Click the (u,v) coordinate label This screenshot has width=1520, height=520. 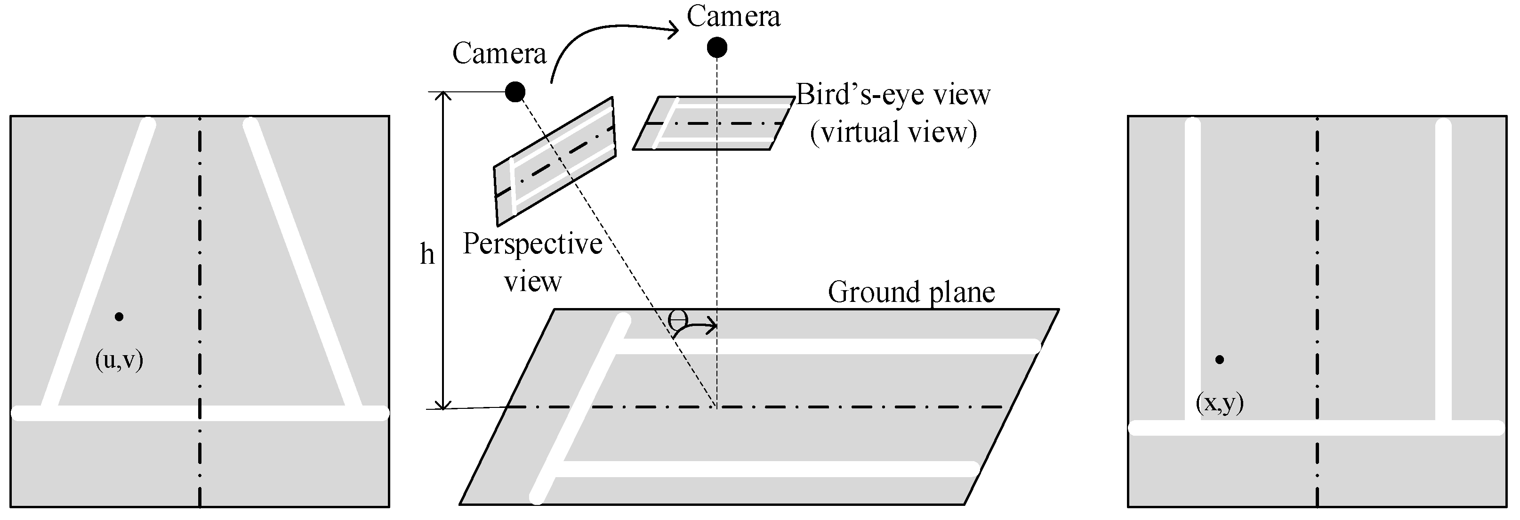(119, 360)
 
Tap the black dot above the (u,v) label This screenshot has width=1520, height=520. (119, 317)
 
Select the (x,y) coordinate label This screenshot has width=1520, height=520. (1219, 403)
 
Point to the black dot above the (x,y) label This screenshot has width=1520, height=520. (1219, 359)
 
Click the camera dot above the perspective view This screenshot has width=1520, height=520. (515, 91)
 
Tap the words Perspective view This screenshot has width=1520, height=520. (532, 262)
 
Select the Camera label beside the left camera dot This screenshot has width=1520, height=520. (499, 54)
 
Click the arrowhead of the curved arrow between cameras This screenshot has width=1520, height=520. (673, 31)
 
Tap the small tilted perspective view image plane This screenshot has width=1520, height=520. (555, 162)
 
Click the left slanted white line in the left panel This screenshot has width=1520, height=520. (97, 266)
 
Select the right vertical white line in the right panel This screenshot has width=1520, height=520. (1443, 271)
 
